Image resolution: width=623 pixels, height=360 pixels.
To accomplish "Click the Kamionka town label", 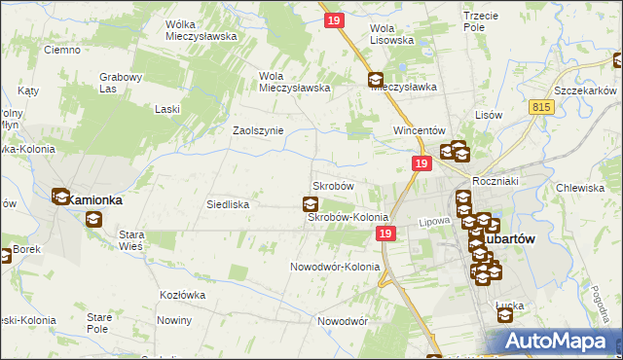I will (94, 199).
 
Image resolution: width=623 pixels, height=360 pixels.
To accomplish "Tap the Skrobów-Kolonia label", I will (348, 218).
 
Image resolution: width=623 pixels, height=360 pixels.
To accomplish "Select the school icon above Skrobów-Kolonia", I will (310, 203).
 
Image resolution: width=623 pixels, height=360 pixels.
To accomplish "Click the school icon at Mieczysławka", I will (376, 81).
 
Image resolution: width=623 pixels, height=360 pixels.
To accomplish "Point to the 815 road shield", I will (543, 106).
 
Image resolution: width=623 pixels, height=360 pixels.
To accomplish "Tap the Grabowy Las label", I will (122, 83).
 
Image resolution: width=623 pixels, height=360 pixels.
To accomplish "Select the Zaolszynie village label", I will (257, 129).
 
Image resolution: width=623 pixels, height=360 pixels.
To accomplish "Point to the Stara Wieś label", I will (130, 240).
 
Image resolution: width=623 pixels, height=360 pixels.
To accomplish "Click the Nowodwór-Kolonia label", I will (333, 267).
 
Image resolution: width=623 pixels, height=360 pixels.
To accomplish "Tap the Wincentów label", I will (419, 130).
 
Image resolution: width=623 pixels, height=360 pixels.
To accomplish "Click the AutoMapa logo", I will (562, 342).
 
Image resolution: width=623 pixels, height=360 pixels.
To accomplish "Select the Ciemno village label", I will (61, 50).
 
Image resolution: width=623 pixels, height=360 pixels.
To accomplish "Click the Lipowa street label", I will (433, 221).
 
